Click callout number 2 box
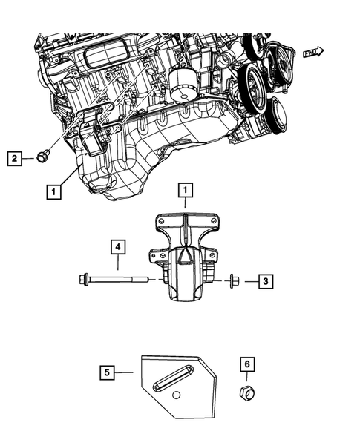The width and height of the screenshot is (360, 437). (13, 157)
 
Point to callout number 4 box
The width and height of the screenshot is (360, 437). (117, 246)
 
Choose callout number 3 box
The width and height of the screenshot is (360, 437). (265, 280)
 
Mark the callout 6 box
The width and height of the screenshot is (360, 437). (246, 364)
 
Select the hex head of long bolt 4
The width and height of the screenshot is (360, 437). (84, 280)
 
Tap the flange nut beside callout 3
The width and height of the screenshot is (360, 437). (233, 280)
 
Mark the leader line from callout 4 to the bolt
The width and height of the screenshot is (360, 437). (117, 266)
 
